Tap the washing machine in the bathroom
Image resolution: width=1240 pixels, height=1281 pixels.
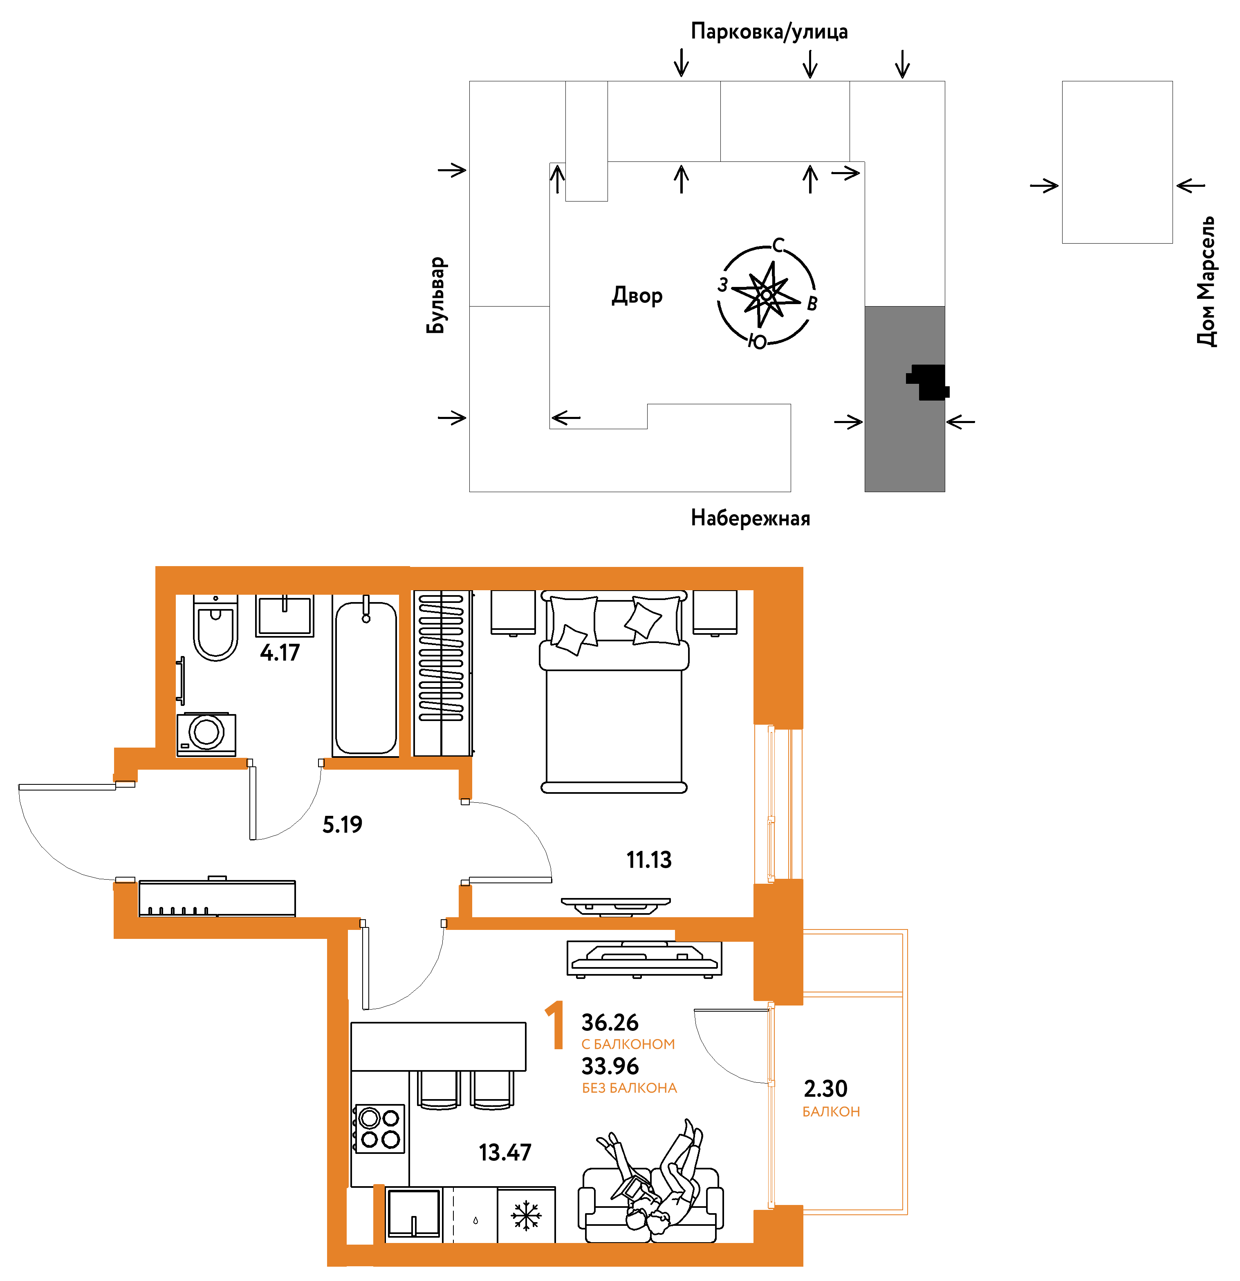pyautogui.click(x=206, y=734)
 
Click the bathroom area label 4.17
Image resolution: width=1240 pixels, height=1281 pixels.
pyautogui.click(x=280, y=652)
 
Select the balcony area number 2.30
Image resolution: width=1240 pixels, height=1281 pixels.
pyautogui.click(x=825, y=1088)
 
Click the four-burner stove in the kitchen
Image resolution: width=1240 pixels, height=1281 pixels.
pyautogui.click(x=379, y=1129)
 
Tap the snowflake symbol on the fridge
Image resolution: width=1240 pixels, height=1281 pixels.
pyautogui.click(x=526, y=1215)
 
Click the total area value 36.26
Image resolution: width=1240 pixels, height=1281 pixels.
pyautogui.click(x=610, y=1022)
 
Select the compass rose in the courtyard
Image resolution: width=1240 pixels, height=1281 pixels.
pyautogui.click(x=767, y=294)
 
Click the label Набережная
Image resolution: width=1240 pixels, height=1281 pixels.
pyautogui.click(x=750, y=518)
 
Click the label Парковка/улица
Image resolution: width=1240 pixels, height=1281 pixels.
pyautogui.click(x=769, y=31)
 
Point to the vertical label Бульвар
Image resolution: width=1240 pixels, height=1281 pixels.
pyautogui.click(x=436, y=296)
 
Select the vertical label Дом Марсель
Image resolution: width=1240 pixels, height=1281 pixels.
pyautogui.click(x=1206, y=281)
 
